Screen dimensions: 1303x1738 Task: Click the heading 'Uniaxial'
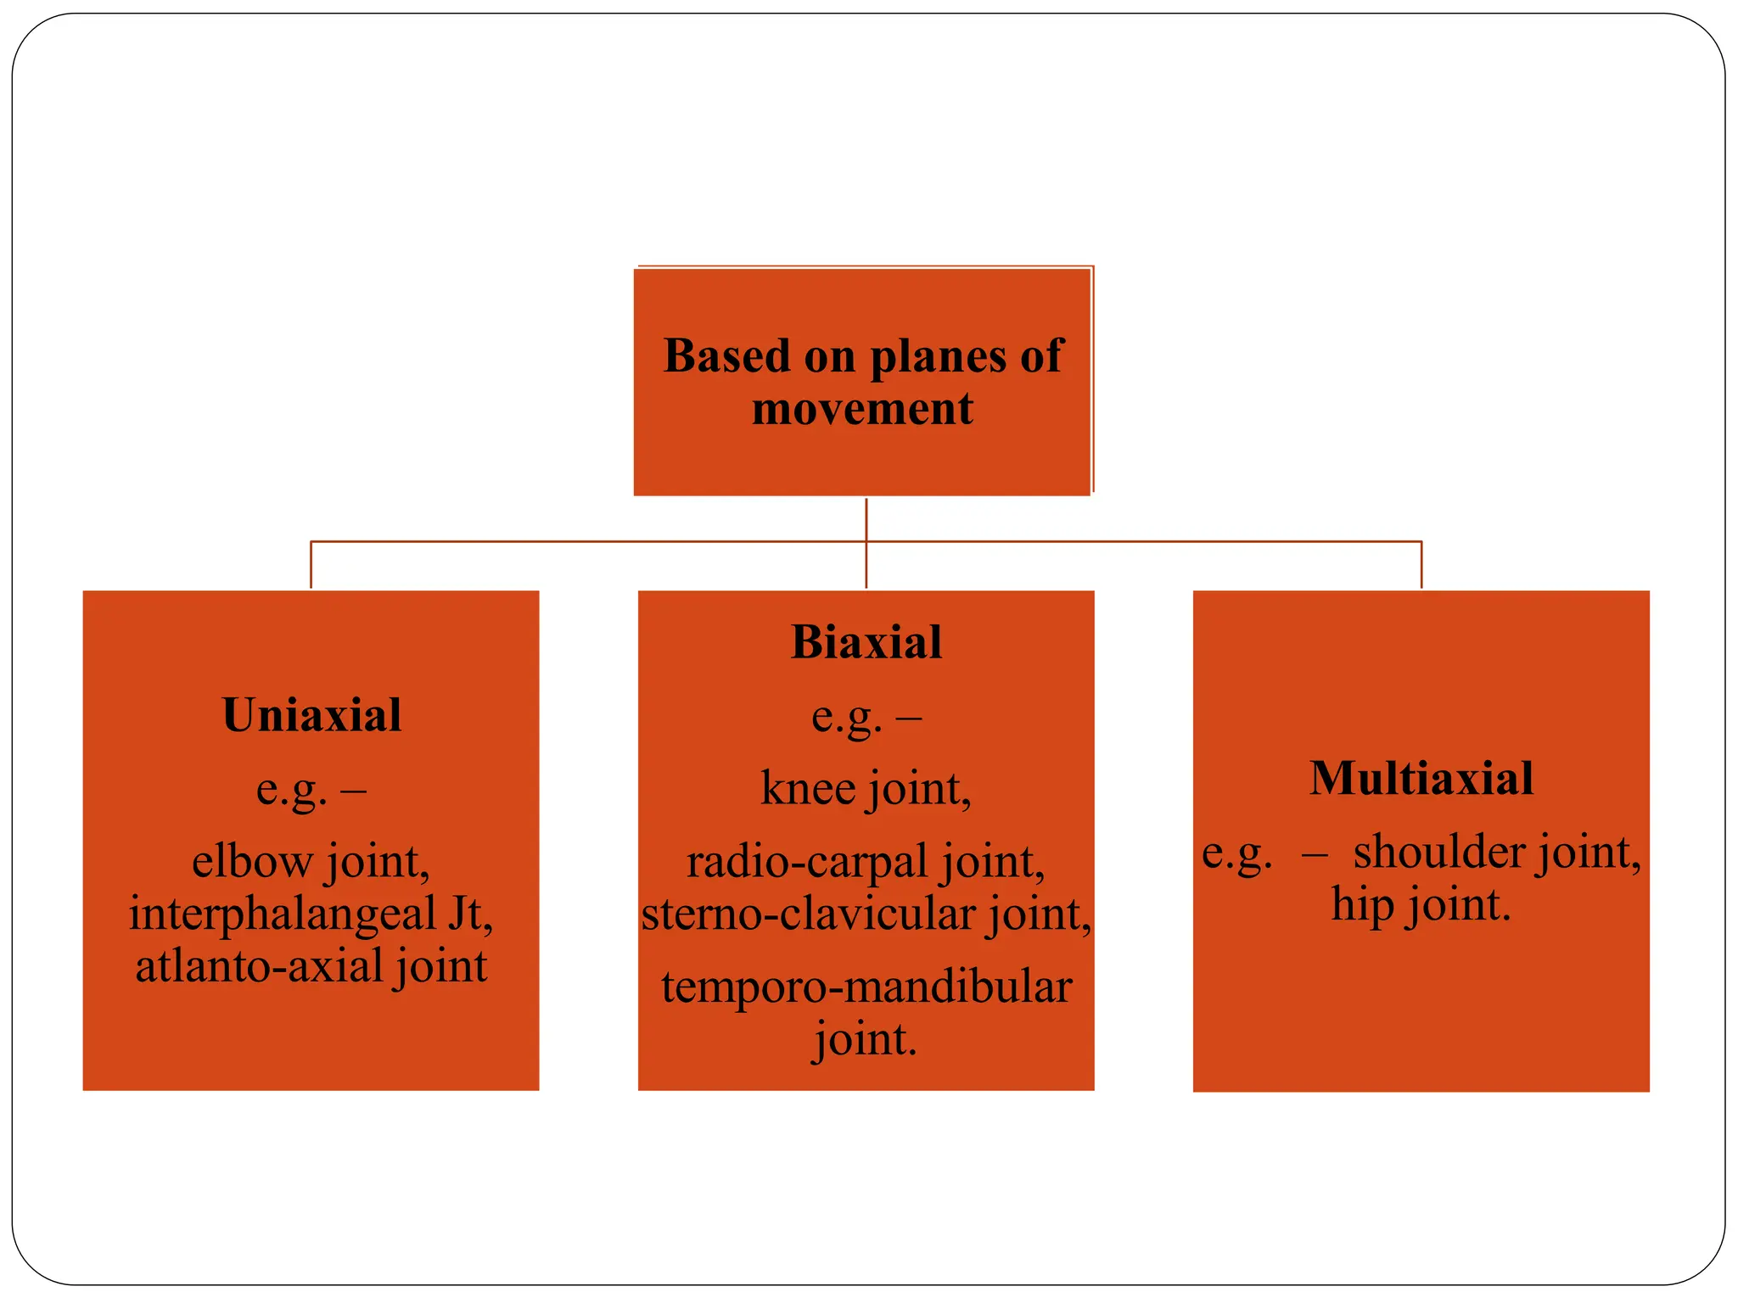[x=311, y=715]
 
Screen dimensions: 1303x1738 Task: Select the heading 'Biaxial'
[x=866, y=642]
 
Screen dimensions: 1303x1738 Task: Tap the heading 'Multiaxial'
[x=1421, y=779]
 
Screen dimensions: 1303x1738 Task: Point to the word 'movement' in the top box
[x=862, y=409]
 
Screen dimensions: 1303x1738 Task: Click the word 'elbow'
[x=252, y=861]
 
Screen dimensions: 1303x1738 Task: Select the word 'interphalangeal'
[x=282, y=914]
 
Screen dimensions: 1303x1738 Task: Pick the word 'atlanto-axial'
[x=259, y=966]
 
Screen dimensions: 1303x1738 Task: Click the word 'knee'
[x=808, y=788]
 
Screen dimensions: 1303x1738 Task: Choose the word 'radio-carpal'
[x=807, y=863]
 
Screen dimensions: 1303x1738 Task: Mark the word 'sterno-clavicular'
[x=808, y=914]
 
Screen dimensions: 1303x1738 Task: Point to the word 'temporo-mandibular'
[x=866, y=987]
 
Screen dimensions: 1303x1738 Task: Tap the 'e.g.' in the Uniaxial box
[x=291, y=791]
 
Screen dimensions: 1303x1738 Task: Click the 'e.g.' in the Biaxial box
[x=846, y=718]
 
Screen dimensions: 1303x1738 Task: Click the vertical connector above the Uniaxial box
[x=311, y=564]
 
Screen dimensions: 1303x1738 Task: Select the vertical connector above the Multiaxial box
[x=1421, y=564]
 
